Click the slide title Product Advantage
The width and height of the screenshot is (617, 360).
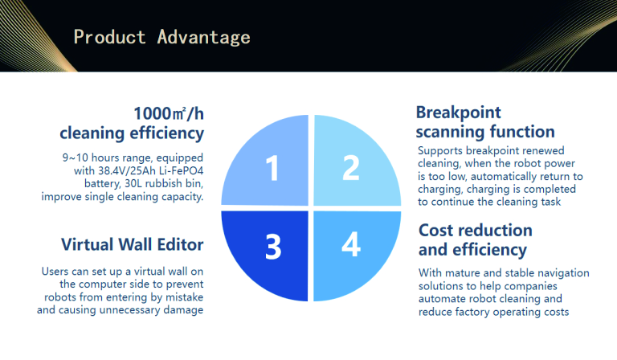(161, 38)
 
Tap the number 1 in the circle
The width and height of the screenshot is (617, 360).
(272, 168)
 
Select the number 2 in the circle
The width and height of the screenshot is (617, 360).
(350, 167)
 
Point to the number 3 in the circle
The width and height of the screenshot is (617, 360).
(273, 247)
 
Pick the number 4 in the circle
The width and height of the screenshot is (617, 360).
(351, 244)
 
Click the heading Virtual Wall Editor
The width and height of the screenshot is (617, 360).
(133, 244)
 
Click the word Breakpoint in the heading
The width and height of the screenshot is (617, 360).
(459, 112)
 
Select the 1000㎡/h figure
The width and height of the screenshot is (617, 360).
(169, 113)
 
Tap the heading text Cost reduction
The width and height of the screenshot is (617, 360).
(476, 230)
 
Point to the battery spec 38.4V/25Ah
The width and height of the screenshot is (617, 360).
(127, 170)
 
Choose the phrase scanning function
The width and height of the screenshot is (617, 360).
(485, 132)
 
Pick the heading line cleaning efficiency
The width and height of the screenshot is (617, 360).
(132, 133)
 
